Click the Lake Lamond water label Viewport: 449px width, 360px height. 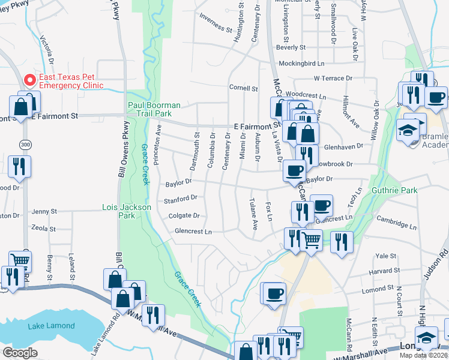(51, 326)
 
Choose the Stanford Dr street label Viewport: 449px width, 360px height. (181, 199)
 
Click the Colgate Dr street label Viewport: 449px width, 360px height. (184, 216)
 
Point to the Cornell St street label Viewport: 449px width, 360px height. (243, 88)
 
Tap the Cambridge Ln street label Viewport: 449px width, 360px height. (396, 223)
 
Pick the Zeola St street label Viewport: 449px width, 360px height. (43, 229)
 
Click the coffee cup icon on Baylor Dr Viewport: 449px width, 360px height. (294, 170)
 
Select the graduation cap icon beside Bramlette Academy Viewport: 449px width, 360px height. (408, 130)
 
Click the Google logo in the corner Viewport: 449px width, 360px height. (20, 352)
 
